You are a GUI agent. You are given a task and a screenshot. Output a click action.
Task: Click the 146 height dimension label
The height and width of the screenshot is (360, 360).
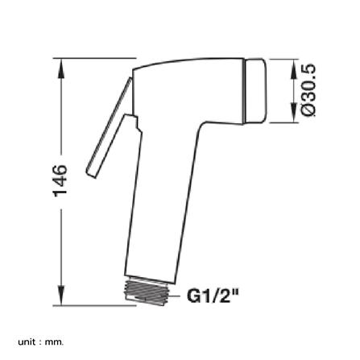click(x=60, y=181)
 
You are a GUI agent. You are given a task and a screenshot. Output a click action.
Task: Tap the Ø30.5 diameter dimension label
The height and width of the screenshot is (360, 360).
click(x=308, y=90)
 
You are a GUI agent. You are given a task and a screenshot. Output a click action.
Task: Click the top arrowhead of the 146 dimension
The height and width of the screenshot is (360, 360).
click(x=62, y=69)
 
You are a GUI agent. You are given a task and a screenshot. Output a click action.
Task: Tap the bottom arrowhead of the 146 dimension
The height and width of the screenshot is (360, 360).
click(x=62, y=295)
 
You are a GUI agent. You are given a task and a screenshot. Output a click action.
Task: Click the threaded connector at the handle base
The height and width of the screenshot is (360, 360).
click(x=148, y=292)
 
